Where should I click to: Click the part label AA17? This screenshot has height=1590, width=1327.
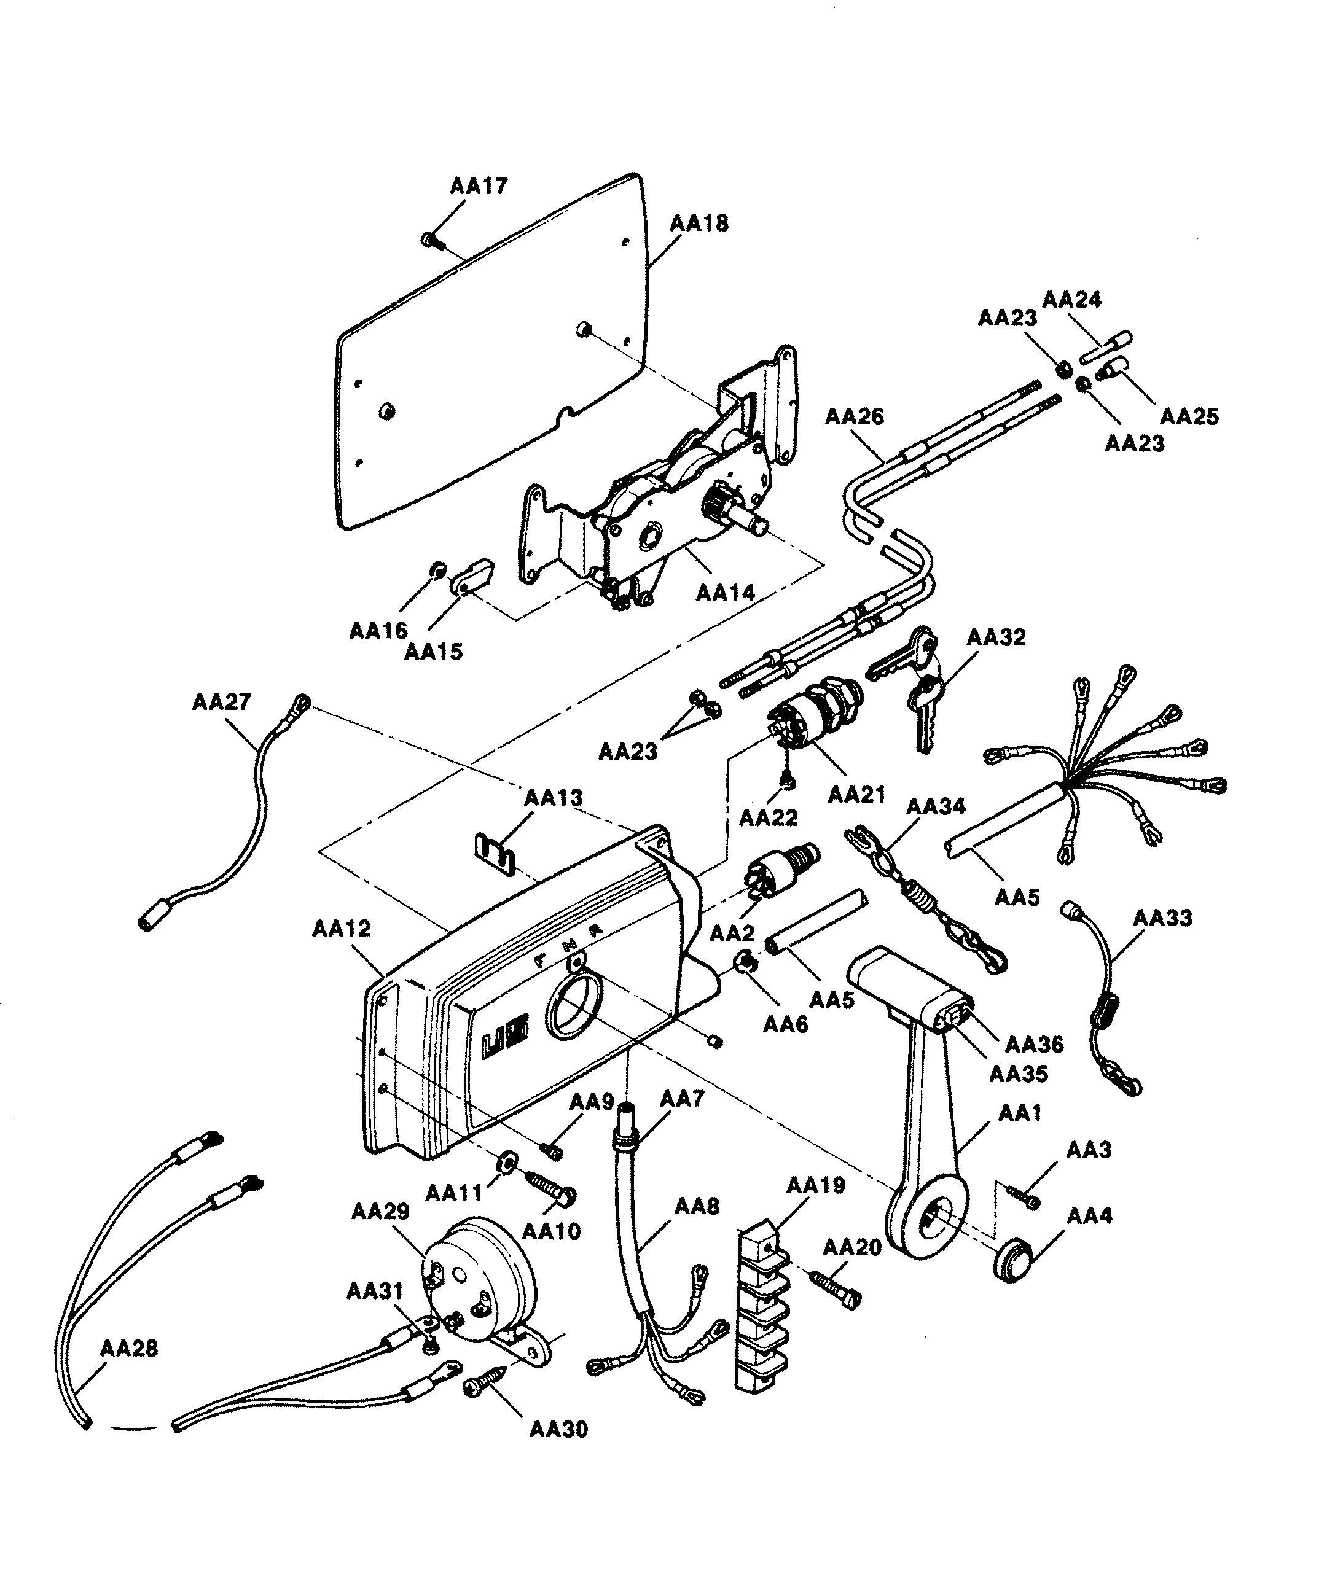tap(479, 186)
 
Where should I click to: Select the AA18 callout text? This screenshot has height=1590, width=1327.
tap(699, 224)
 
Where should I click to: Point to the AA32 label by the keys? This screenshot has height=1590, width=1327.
tap(996, 637)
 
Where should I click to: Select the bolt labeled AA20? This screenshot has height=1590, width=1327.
tap(836, 1288)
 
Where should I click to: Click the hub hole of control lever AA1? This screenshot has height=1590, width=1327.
tap(937, 1219)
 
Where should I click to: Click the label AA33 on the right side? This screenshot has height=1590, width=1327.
tap(1162, 918)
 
